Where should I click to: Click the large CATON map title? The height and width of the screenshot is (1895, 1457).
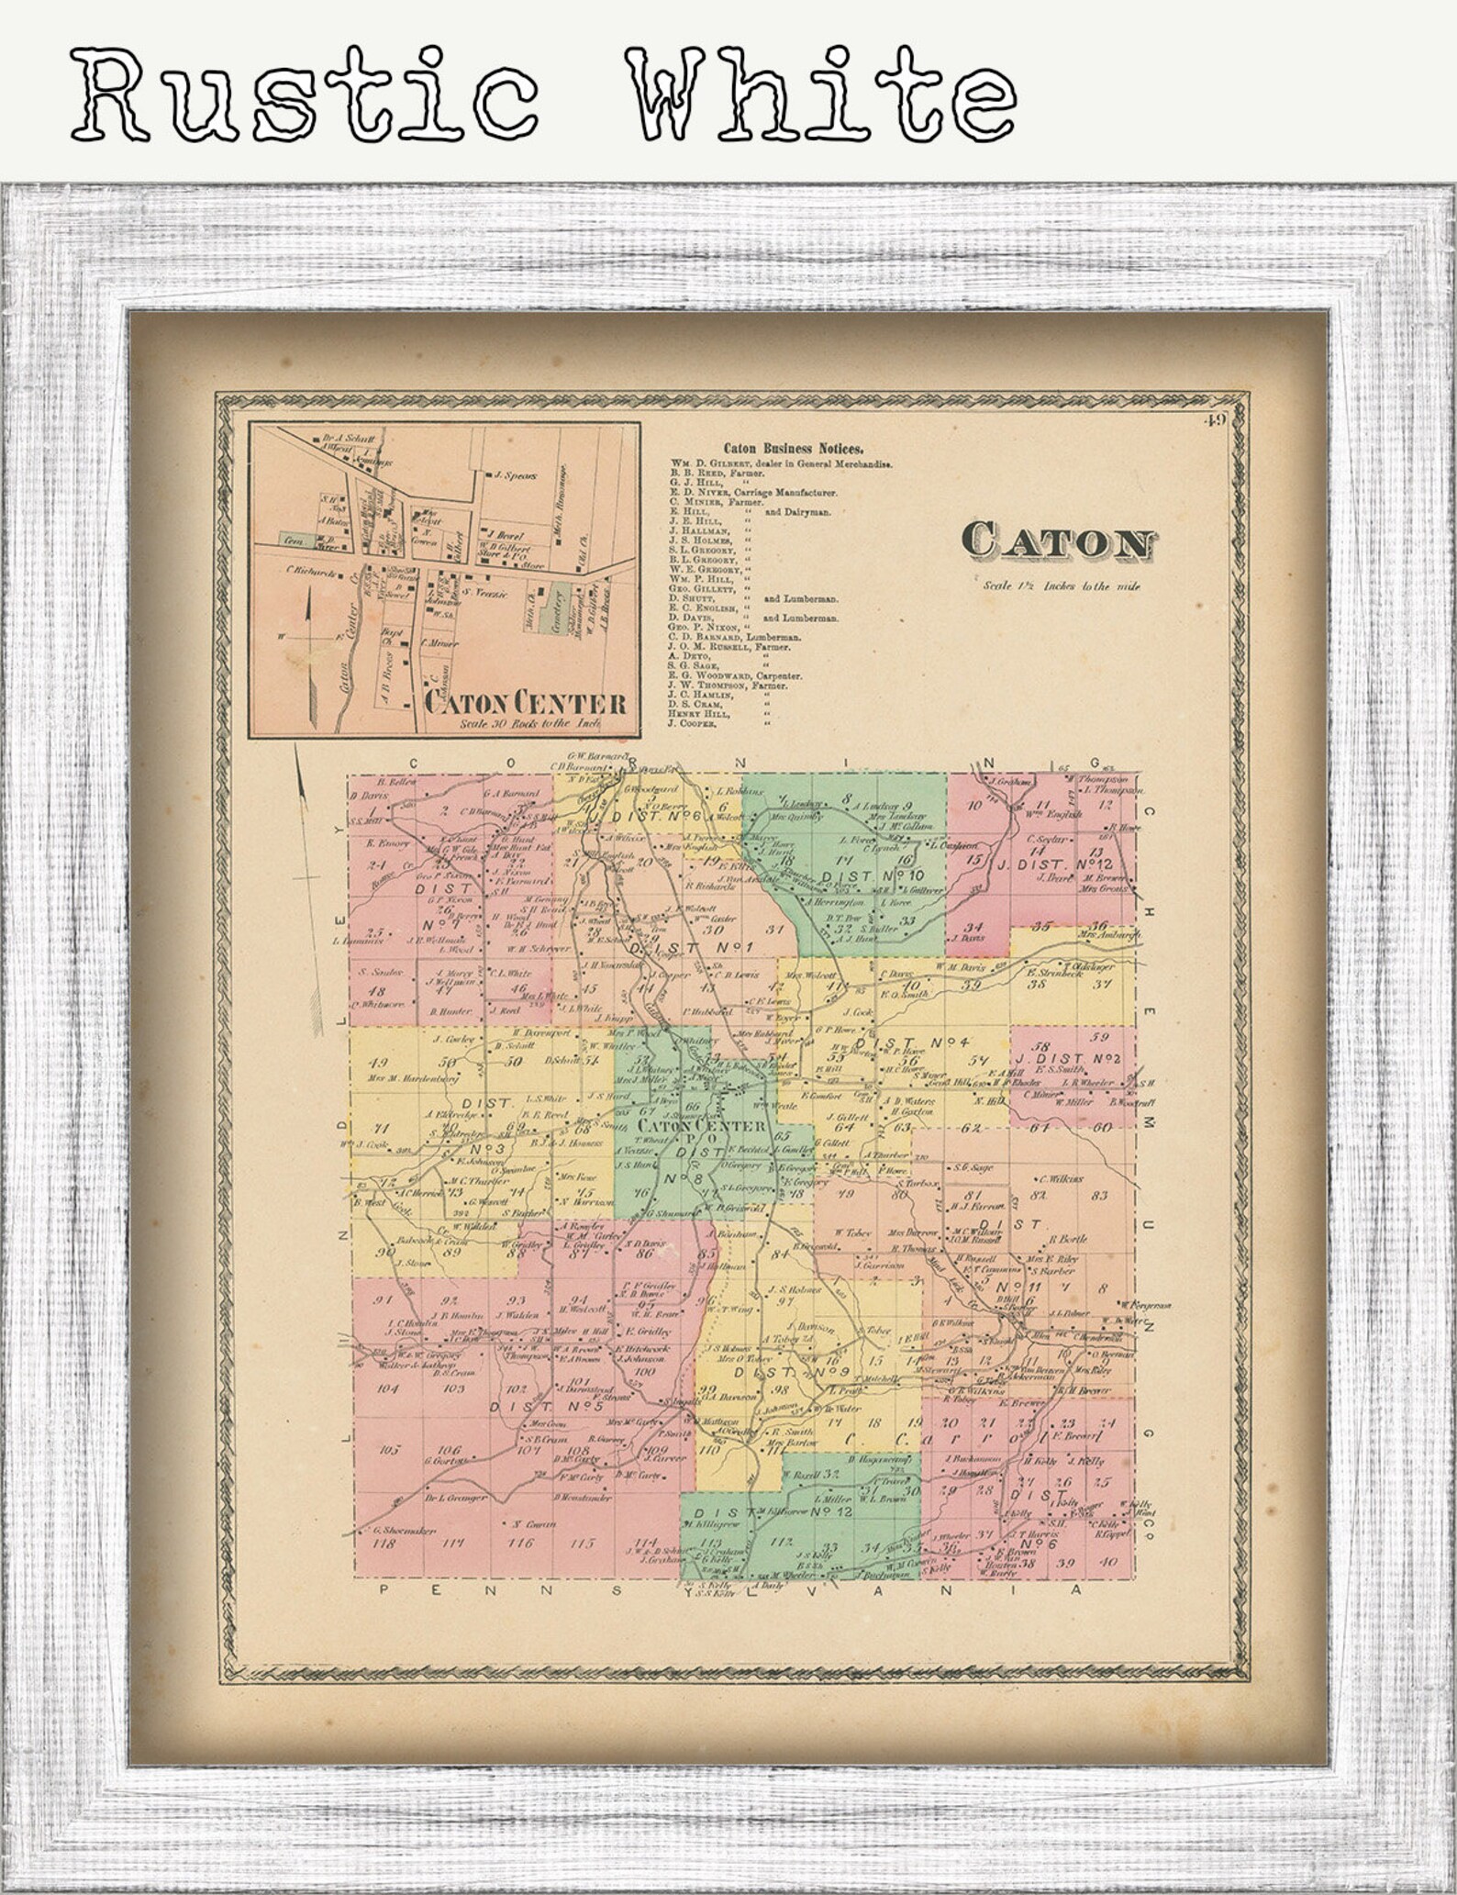tap(1058, 543)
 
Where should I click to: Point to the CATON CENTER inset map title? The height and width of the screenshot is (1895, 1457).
tap(526, 704)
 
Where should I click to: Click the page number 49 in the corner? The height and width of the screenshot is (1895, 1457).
tap(1218, 420)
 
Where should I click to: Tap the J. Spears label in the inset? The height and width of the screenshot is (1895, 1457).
tap(515, 475)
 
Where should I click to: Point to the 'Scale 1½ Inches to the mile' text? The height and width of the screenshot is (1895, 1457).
tap(1062, 585)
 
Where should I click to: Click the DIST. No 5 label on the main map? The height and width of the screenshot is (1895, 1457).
tap(545, 1404)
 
